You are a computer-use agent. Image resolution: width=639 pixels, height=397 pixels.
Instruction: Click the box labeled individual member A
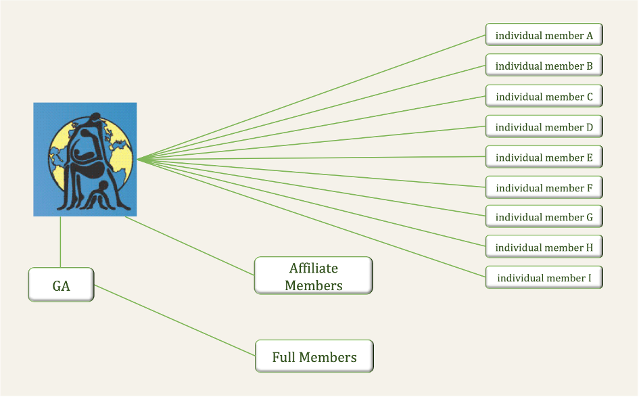544,34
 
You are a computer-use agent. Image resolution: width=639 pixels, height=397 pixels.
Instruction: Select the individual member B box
544,65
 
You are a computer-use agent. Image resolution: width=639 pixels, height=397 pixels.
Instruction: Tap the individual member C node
544,96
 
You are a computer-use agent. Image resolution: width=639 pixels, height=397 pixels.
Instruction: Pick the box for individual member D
544,126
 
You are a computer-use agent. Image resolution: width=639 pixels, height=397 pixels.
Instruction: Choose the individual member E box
544,157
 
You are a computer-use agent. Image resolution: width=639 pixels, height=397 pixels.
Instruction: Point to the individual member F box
544,187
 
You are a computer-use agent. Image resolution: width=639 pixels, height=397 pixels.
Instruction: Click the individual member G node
544,216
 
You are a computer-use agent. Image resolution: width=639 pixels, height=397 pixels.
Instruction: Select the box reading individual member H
544,247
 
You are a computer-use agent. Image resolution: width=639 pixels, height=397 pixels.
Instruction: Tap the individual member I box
544,277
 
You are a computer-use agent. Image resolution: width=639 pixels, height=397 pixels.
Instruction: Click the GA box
61,285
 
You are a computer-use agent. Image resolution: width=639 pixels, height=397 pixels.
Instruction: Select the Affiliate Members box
313,275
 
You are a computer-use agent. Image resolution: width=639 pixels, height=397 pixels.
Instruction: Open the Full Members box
314,356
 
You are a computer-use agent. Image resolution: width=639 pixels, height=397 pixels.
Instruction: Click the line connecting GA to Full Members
175,321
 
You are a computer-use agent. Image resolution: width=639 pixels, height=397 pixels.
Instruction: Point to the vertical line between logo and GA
60,242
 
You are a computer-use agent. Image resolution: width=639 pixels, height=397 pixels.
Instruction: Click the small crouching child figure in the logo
98,196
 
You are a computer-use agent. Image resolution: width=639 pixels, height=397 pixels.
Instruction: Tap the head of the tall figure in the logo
95,118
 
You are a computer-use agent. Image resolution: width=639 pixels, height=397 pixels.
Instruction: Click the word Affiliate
313,268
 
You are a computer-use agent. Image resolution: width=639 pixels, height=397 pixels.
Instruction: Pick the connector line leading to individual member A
311,97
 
